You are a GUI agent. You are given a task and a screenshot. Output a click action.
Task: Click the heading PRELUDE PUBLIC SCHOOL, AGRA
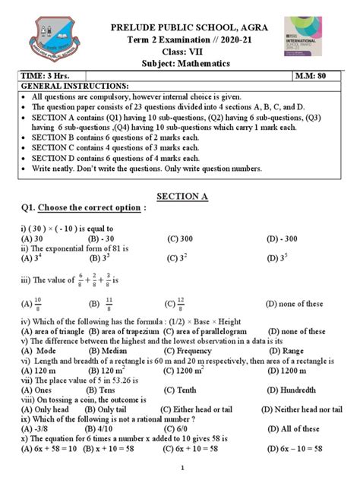[x=180, y=11]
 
